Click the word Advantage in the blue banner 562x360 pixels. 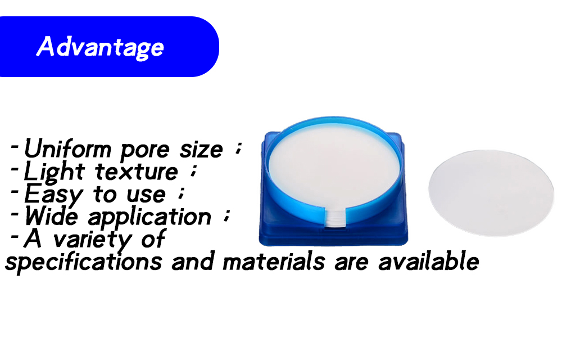coord(100,47)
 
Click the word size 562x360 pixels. coord(201,150)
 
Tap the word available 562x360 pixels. coord(428,262)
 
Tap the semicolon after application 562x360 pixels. coord(226,216)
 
